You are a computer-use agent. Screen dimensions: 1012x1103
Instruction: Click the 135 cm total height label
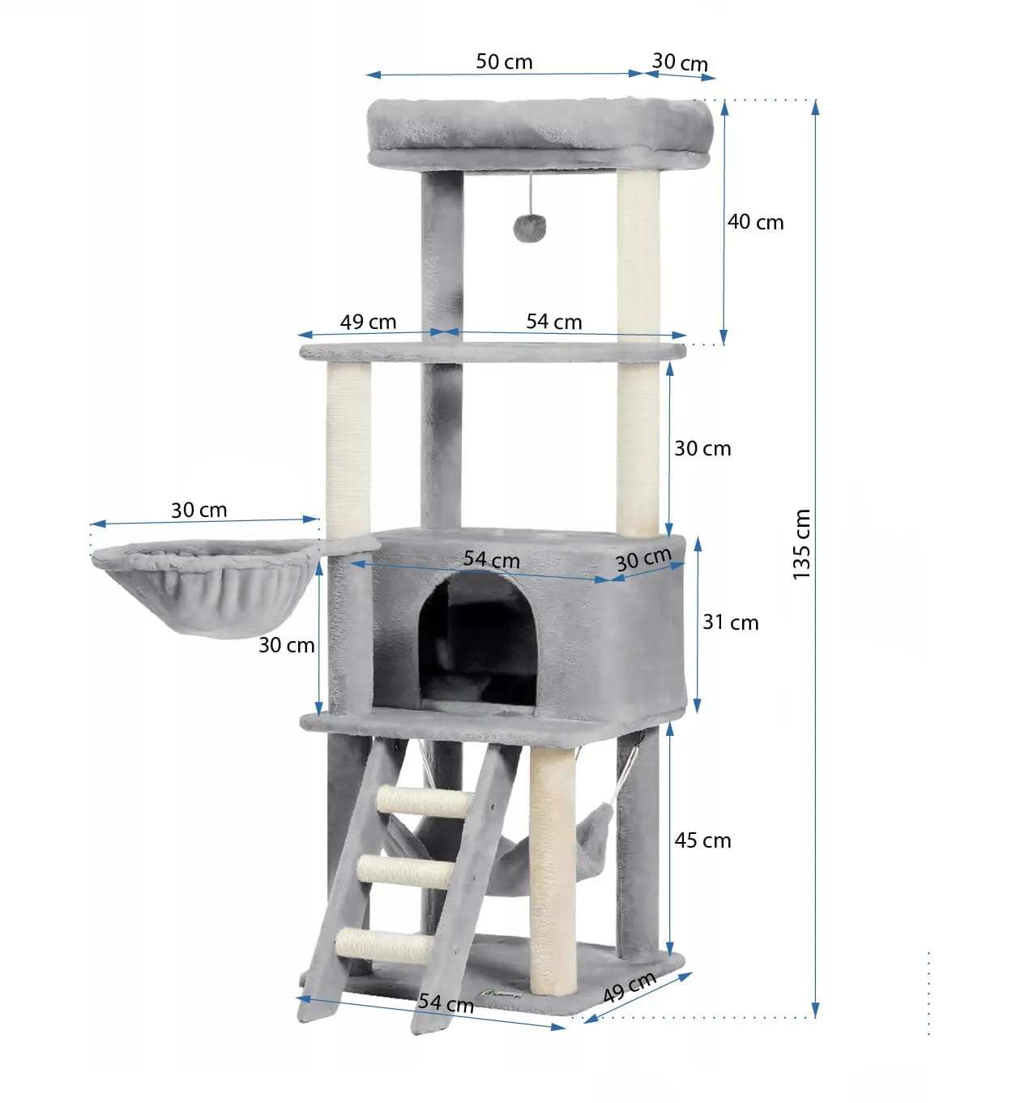801,544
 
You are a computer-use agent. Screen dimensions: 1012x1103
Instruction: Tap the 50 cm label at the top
504,62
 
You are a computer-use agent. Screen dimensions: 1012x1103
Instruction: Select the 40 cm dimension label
755,222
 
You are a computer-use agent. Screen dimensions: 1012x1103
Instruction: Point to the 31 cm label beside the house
731,622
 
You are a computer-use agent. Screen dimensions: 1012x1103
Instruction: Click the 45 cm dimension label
702,840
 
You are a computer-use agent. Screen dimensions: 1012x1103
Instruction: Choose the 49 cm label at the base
630,988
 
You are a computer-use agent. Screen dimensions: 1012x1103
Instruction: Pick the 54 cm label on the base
446,1003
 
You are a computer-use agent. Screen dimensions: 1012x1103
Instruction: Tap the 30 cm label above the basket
199,510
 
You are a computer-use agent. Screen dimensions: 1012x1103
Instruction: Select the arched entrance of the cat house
477,640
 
